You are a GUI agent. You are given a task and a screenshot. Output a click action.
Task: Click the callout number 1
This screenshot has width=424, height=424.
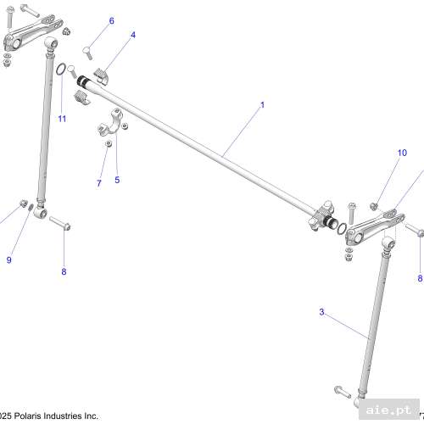[x=262, y=105]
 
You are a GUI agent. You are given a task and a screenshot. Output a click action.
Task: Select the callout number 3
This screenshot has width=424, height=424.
[x=321, y=312]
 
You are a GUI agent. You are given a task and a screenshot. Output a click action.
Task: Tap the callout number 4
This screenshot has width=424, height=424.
[x=132, y=36]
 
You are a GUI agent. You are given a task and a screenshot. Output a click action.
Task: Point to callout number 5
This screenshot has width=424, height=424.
[x=117, y=180]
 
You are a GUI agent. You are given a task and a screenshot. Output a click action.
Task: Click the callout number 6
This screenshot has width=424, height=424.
[x=111, y=20]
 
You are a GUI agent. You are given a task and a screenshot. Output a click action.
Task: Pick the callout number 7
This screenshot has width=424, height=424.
[x=98, y=183]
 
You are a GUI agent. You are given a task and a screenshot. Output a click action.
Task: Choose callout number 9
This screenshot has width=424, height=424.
[x=9, y=260]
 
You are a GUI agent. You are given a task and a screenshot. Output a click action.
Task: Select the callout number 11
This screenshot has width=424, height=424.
[x=61, y=118]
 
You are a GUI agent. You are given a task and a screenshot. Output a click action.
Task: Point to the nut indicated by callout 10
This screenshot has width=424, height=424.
[x=373, y=205]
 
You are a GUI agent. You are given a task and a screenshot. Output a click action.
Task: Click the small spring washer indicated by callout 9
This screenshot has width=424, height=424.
[x=31, y=205]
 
